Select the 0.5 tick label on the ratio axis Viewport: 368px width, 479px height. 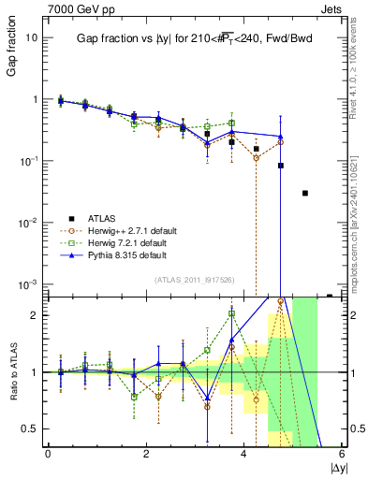(29, 428)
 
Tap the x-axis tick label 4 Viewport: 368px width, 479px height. (244, 454)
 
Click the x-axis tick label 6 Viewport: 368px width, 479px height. (342, 454)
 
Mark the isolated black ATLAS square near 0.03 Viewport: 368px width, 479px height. (304, 194)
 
